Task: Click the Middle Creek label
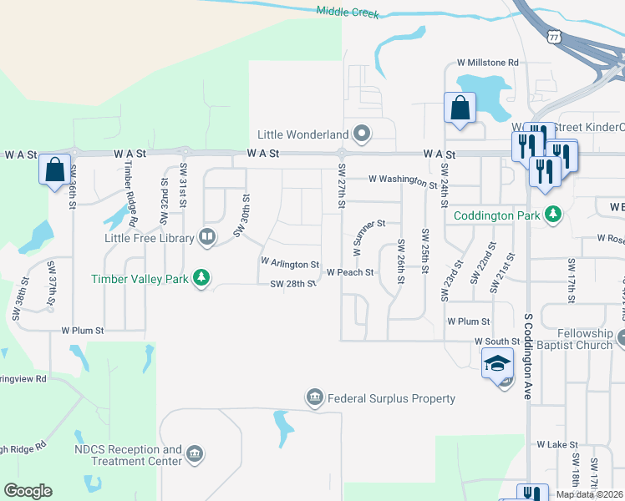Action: coord(348,13)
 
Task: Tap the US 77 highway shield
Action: coord(554,36)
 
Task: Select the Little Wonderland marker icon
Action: coord(362,134)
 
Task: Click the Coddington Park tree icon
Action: coord(551,215)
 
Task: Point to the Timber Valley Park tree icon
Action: coord(201,278)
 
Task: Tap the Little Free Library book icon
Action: coord(206,237)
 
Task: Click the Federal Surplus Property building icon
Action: coord(315,397)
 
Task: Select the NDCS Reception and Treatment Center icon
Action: coord(195,454)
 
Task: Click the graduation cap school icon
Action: coord(497,362)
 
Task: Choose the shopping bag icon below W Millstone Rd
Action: coord(460,108)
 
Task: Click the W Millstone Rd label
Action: coord(487,63)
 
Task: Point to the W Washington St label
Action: coord(403,180)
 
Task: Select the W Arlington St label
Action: coord(290,263)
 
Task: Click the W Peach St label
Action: coord(349,272)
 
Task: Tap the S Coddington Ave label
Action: coord(528,356)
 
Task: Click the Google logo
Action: coord(28,491)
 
